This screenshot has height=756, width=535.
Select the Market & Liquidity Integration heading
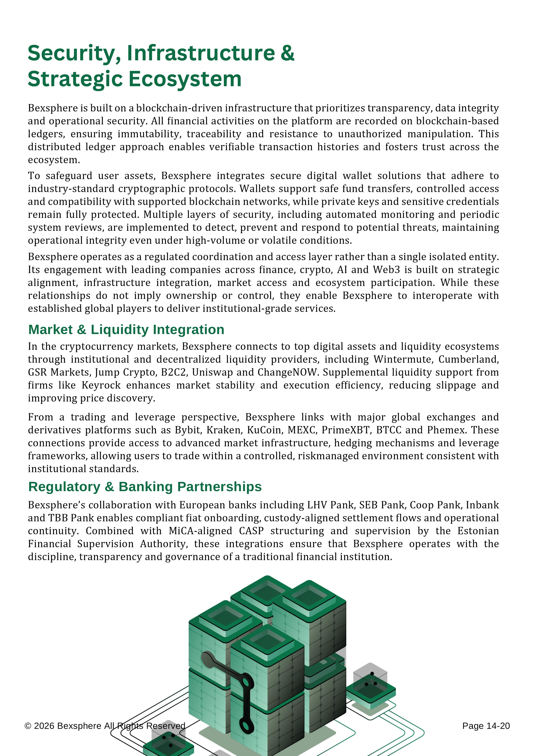tap(126, 330)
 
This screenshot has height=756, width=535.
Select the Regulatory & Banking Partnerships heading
tap(145, 487)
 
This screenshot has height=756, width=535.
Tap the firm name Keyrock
tap(101, 385)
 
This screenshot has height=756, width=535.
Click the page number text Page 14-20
tap(486, 726)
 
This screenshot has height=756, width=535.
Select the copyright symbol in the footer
tap(28, 726)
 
